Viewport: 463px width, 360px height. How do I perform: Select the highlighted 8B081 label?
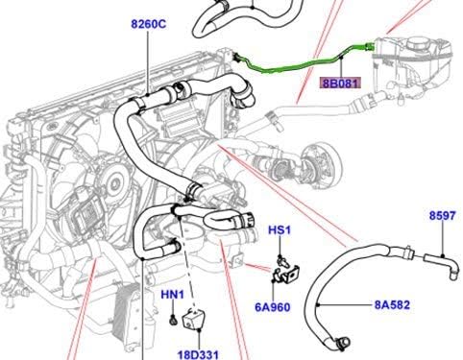(x=341, y=84)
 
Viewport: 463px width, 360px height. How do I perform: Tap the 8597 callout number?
(x=442, y=218)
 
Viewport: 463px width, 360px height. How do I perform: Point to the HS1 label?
(x=278, y=232)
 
